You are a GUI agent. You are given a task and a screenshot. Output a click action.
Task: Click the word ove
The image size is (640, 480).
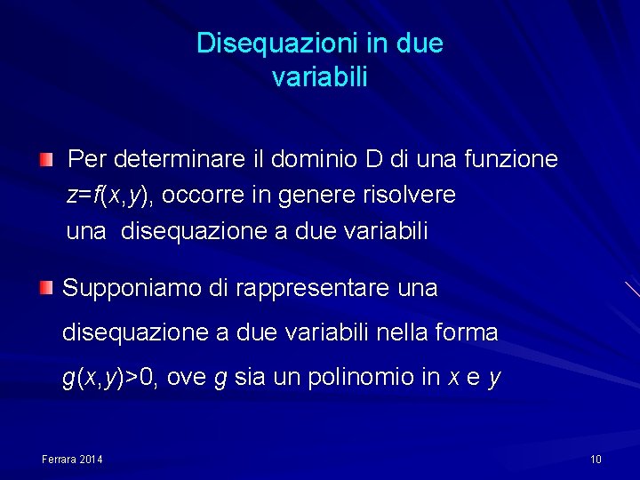click(188, 378)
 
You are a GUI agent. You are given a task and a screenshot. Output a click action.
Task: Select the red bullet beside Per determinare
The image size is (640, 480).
click(45, 160)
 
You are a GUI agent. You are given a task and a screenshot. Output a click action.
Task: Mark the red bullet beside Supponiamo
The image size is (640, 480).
click(45, 287)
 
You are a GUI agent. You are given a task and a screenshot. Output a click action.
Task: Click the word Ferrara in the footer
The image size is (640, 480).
click(60, 459)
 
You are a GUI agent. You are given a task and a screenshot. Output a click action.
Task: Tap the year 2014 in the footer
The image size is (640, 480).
click(91, 459)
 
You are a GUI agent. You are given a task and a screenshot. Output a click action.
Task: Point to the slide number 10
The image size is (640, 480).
click(596, 459)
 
